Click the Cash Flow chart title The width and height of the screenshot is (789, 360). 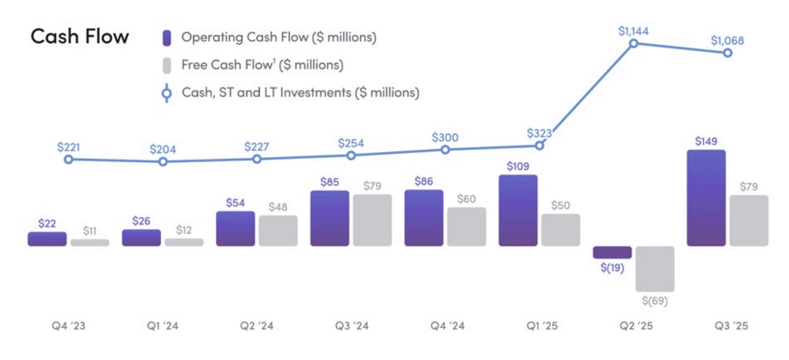[x=80, y=36]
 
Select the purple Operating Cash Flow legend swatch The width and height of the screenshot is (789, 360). [x=166, y=37]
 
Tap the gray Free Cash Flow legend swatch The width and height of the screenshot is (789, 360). [x=166, y=65]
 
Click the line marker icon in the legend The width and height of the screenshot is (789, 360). [x=166, y=93]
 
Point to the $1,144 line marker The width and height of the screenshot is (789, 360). [x=633, y=43]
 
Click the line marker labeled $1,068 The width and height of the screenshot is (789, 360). [x=728, y=53]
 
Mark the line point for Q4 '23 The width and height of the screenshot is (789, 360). [x=69, y=160]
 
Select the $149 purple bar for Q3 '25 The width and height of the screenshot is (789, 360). [x=706, y=198]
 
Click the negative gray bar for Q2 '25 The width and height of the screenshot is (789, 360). [x=655, y=268]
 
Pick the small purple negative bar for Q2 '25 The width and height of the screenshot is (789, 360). [x=612, y=252]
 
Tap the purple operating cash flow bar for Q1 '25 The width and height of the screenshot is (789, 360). [x=518, y=210]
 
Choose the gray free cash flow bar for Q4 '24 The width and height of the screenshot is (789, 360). [x=466, y=226]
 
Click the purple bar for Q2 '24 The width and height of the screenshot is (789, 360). [x=235, y=228]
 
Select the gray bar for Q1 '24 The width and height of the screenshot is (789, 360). [x=184, y=242]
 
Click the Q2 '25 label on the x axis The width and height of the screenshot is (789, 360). [x=633, y=326]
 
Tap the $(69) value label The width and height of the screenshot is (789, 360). [x=655, y=301]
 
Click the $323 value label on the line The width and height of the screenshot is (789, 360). [x=539, y=133]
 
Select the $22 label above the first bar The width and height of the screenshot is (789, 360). [x=47, y=224]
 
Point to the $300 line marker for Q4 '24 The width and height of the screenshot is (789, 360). [x=445, y=150]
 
